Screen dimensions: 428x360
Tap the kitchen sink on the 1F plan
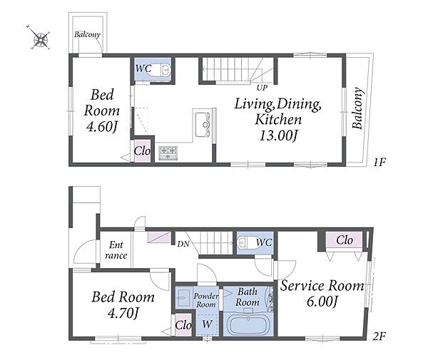pyautogui.click(x=203, y=125)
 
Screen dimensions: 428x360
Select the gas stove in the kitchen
pyautogui.click(x=168, y=153)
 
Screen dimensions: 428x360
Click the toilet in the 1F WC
pyautogui.click(x=161, y=70)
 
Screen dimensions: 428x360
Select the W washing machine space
pyautogui.click(x=207, y=324)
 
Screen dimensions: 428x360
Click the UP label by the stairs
pyautogui.click(x=262, y=88)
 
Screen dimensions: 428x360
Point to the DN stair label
pyautogui.click(x=183, y=244)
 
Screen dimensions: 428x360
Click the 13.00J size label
pyautogui.click(x=278, y=135)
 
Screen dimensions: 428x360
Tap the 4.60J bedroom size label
pyautogui.click(x=102, y=126)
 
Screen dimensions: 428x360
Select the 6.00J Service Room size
pyautogui.click(x=322, y=302)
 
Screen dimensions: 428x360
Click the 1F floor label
pyautogui.click(x=379, y=163)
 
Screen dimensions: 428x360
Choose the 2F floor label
pyautogui.click(x=379, y=336)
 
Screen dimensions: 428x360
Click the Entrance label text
pyautogui.click(x=116, y=250)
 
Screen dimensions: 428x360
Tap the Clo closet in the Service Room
pyautogui.click(x=345, y=240)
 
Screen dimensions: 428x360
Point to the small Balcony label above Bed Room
pyautogui.click(x=87, y=34)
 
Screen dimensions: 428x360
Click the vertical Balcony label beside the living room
pyautogui.click(x=358, y=108)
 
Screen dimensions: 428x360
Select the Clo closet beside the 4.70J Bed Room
pyautogui.click(x=183, y=325)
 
